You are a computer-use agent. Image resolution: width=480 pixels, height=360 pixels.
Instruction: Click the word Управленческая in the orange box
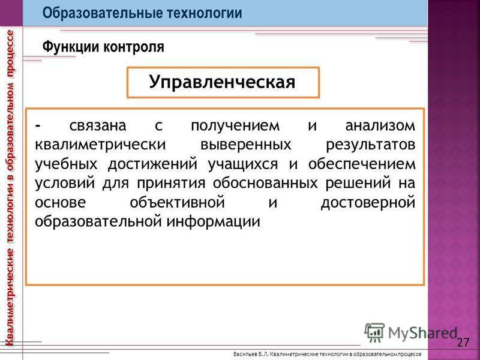coord(222,83)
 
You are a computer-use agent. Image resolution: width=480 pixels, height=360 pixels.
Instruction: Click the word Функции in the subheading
coord(71,47)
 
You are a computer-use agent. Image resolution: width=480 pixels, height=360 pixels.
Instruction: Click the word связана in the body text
coord(98,126)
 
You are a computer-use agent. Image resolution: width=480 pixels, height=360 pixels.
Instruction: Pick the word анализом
coord(380,126)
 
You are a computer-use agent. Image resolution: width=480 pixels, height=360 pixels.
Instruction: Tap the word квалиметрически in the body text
coord(100,145)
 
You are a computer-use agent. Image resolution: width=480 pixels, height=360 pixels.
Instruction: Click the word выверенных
coord(246,145)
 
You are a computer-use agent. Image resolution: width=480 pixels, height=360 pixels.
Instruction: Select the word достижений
coord(153,164)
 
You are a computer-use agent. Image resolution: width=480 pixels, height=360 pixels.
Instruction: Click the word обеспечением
coord(362,164)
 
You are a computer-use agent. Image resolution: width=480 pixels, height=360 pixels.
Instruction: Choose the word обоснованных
coord(265,184)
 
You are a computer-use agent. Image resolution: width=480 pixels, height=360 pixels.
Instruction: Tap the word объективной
coord(177,203)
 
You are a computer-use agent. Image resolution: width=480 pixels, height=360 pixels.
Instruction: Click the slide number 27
coord(463,342)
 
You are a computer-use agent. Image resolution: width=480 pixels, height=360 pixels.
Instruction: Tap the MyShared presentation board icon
coord(374,333)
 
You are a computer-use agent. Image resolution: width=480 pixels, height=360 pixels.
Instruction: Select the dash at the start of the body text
coord(38,126)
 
